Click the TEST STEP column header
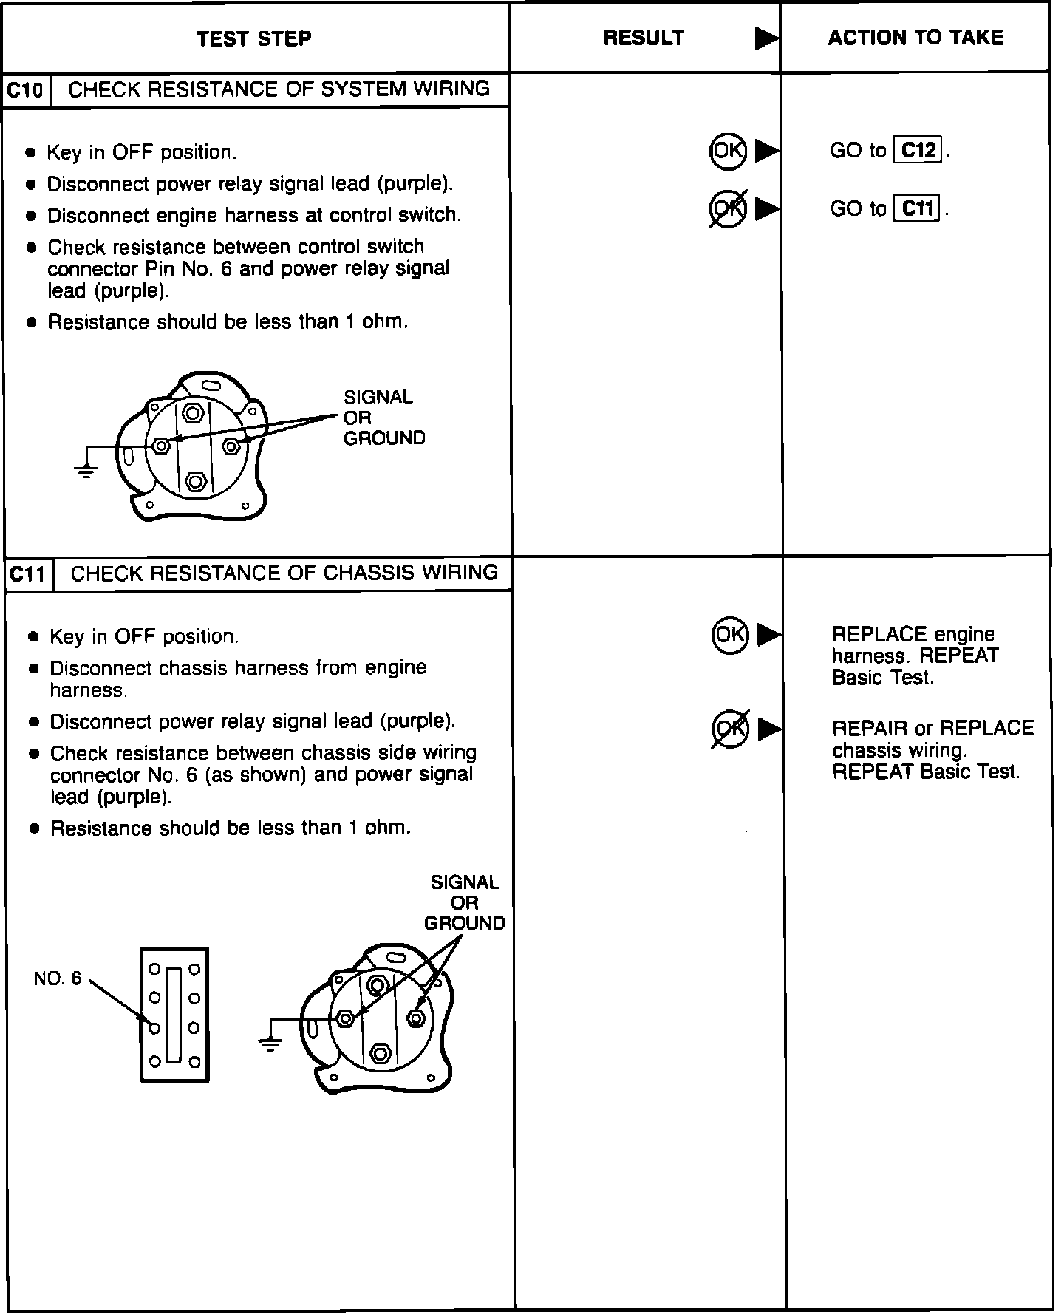pyautogui.click(x=253, y=38)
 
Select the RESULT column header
pyautogui.click(x=644, y=38)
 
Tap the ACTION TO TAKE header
pyautogui.click(x=915, y=38)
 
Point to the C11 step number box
pyautogui.click(x=28, y=574)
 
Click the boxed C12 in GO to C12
pyautogui.click(x=918, y=150)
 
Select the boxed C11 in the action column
pyautogui.click(x=918, y=209)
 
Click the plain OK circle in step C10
pyautogui.click(x=728, y=151)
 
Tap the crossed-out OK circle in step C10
pyautogui.click(x=728, y=208)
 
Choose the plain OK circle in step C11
pyautogui.click(x=730, y=634)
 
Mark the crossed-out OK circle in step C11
pyautogui.click(x=730, y=728)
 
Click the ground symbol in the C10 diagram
pyautogui.click(x=86, y=472)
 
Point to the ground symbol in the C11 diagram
pyautogui.click(x=270, y=1044)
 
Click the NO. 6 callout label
pyautogui.click(x=58, y=978)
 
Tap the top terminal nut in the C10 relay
pyautogui.click(x=194, y=413)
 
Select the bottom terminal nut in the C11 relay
pyautogui.click(x=381, y=1052)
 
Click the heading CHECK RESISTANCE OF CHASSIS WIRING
pyautogui.click(x=284, y=573)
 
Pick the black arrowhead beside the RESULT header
pyautogui.click(x=766, y=38)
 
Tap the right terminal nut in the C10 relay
pyautogui.click(x=231, y=446)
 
